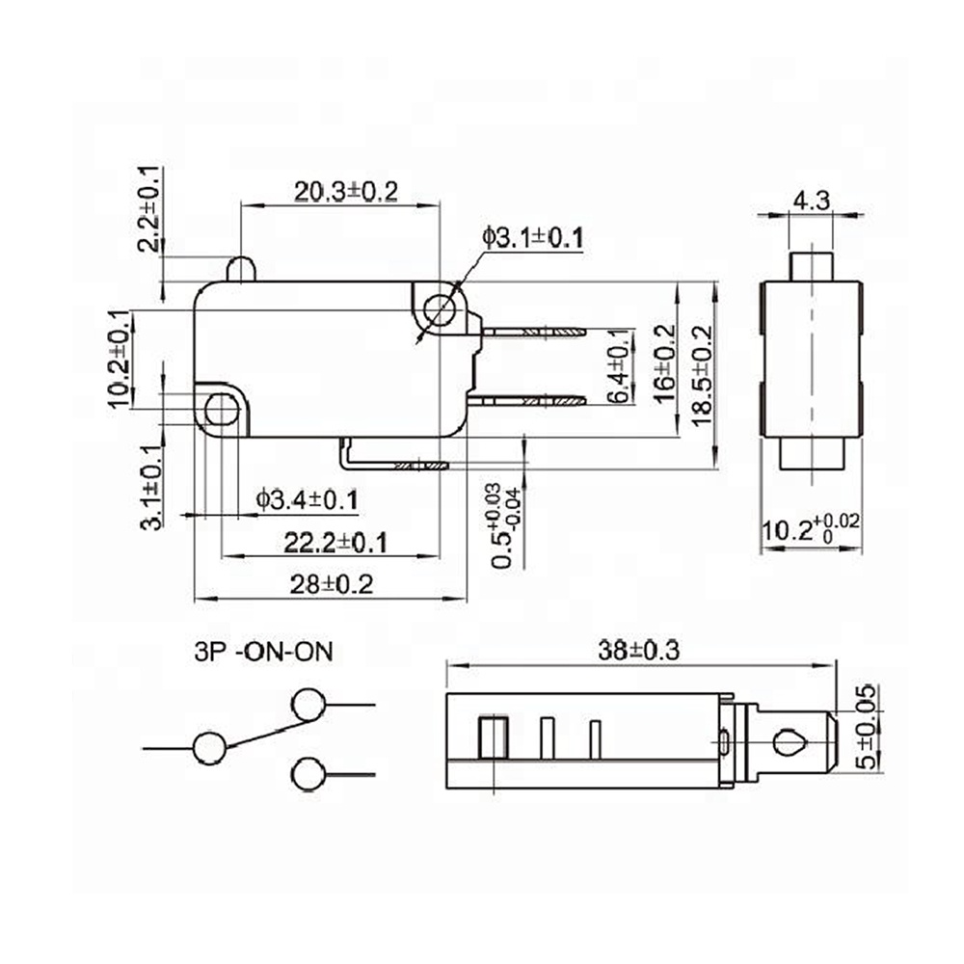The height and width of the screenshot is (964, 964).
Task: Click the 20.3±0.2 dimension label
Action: pyautogui.click(x=346, y=192)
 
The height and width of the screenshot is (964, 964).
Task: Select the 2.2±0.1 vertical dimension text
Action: pyautogui.click(x=150, y=209)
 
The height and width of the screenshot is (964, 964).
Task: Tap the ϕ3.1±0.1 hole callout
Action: pyautogui.click(x=532, y=238)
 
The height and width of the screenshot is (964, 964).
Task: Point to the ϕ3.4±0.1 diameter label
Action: pyautogui.click(x=307, y=499)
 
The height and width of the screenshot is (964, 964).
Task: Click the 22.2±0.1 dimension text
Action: pyautogui.click(x=335, y=543)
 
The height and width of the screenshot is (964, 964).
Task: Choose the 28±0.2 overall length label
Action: pyautogui.click(x=332, y=584)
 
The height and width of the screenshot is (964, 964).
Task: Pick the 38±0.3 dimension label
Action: pyautogui.click(x=639, y=651)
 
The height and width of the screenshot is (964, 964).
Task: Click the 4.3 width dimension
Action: pyautogui.click(x=812, y=201)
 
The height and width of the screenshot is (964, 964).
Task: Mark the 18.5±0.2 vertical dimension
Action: pyautogui.click(x=701, y=375)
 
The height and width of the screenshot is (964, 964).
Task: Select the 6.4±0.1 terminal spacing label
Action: pyautogui.click(x=620, y=366)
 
